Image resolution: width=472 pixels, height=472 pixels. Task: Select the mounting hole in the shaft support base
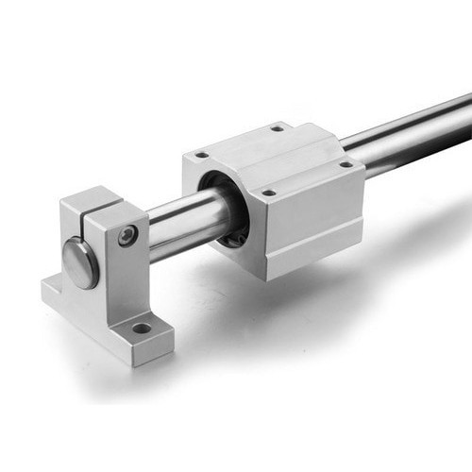142,329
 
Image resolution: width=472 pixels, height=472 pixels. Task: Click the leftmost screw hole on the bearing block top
201,155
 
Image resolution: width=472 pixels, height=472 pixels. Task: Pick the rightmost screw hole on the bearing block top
346,164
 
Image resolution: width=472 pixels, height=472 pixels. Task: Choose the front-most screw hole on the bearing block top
269,193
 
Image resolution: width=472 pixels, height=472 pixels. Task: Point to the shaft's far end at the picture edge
463,111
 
